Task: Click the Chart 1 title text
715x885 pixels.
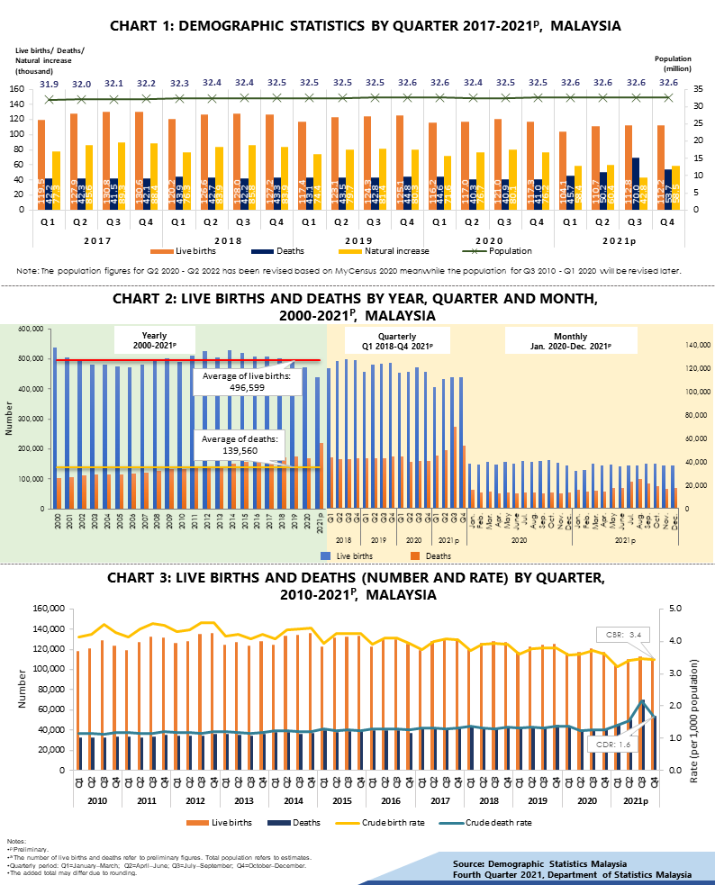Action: pos(365,26)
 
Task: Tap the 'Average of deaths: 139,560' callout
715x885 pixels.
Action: pos(240,444)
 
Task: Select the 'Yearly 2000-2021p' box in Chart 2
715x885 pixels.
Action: pos(154,339)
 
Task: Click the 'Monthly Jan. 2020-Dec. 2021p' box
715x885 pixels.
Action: pos(571,339)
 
